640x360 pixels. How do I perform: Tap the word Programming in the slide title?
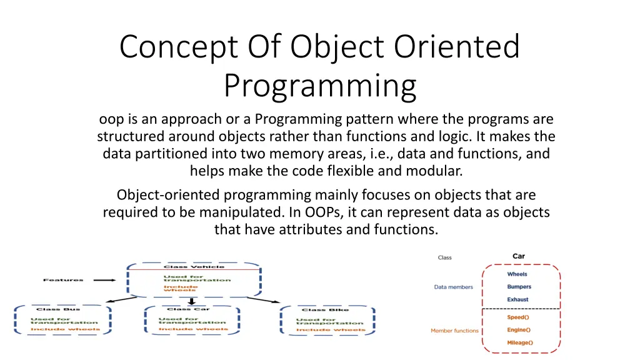(x=319, y=86)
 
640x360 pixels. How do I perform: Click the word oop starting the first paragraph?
(x=112, y=119)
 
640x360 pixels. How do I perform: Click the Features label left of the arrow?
(x=62, y=280)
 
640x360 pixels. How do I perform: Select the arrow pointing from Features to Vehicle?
(x=104, y=280)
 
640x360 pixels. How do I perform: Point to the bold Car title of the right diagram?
(x=519, y=256)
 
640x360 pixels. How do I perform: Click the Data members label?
(x=453, y=287)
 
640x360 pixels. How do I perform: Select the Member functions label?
(x=454, y=331)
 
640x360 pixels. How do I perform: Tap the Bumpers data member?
(x=519, y=287)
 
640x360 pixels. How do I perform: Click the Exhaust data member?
(x=517, y=299)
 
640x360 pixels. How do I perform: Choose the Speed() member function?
(x=518, y=317)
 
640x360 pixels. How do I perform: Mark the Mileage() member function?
(x=519, y=342)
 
